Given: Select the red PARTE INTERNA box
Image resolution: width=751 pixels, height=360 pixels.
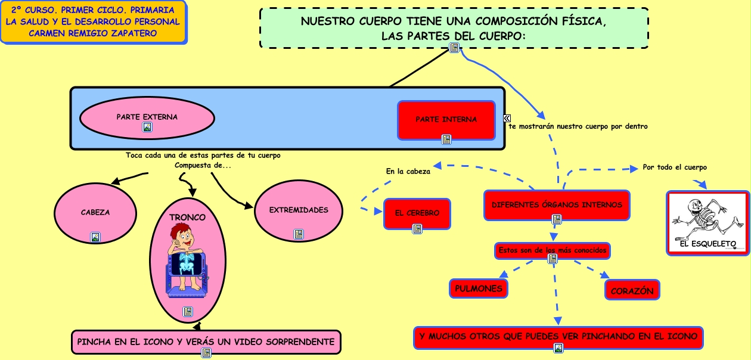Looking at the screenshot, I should [x=446, y=120].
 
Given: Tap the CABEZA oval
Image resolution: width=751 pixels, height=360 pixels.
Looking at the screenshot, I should [x=95, y=212].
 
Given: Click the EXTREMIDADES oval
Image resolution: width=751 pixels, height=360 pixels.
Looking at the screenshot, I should [x=298, y=210].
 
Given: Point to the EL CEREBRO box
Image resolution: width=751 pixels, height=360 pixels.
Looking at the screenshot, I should [x=417, y=213].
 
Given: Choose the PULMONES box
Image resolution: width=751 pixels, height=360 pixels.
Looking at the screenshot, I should [x=479, y=289].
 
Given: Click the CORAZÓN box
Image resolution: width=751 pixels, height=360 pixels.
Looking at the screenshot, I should [x=632, y=291].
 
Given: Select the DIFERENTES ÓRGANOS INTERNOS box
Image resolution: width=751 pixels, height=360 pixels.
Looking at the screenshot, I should [x=557, y=205].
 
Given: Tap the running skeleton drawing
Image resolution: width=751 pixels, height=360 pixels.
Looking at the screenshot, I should [x=707, y=218].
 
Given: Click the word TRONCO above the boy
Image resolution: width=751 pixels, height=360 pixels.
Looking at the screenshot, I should [x=187, y=218].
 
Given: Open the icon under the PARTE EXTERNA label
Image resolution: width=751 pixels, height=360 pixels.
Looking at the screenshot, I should [x=147, y=127].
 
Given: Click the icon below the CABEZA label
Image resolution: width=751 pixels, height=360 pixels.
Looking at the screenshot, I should [x=95, y=237].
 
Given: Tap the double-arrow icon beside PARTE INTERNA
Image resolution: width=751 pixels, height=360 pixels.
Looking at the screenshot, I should [x=507, y=118].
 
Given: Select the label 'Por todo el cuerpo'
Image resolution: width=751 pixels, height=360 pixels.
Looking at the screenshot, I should [x=675, y=167].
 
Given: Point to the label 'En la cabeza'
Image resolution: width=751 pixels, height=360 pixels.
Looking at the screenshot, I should [x=408, y=172].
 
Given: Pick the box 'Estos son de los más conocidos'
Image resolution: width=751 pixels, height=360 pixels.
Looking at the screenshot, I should [x=552, y=250].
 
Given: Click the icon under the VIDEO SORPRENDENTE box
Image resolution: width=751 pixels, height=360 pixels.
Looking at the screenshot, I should [x=206, y=353].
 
